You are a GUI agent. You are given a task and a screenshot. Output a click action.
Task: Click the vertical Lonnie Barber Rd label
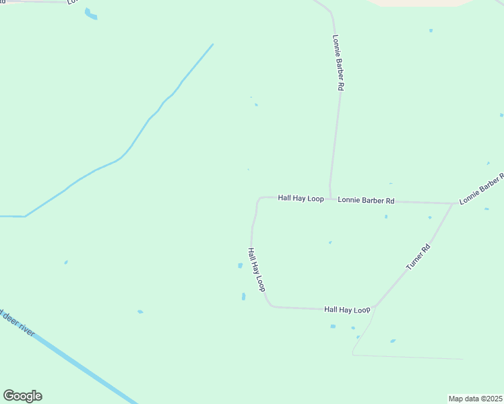(339, 63)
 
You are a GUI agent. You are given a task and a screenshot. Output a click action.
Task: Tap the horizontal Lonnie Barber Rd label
(366, 200)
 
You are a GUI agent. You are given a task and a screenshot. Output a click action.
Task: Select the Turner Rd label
(418, 258)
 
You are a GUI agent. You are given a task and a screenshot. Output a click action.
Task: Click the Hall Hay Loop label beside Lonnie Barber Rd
(301, 199)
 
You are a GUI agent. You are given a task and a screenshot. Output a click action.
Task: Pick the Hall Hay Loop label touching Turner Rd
(347, 310)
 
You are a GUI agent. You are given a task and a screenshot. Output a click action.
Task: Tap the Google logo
(22, 396)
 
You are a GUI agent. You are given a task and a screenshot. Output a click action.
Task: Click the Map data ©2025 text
(475, 399)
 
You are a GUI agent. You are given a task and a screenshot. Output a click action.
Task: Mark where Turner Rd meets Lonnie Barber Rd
(453, 203)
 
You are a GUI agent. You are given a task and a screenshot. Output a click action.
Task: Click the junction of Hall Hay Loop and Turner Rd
(374, 310)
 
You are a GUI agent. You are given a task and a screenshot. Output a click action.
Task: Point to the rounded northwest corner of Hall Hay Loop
(258, 199)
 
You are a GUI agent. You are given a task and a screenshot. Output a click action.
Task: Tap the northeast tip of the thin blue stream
(213, 44)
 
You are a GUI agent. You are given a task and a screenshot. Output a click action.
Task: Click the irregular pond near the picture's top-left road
(90, 13)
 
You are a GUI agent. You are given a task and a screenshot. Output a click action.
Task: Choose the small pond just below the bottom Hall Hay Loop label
(333, 327)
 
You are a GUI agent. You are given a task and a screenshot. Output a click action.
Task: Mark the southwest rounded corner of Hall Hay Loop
(270, 304)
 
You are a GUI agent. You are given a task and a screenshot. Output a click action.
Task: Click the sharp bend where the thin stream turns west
(25, 216)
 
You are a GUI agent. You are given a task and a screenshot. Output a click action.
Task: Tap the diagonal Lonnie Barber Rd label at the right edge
(482, 189)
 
